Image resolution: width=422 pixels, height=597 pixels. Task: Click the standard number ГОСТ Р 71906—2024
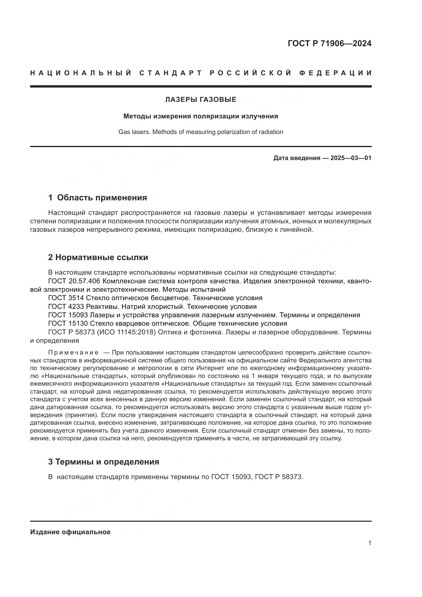pos(329,43)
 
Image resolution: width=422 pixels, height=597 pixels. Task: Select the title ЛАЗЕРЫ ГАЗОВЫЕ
pos(201,100)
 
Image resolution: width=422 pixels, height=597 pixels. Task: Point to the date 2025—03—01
pos(351,158)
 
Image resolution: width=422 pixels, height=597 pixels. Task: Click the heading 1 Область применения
pos(97,198)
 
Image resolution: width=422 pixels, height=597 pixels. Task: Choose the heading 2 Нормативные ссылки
pos(98,258)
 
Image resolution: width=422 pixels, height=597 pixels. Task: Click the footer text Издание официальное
pos(70,532)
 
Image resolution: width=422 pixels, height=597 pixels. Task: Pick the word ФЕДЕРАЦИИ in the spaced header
pos(335,73)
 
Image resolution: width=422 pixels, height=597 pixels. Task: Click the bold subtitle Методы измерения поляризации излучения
pos(201,116)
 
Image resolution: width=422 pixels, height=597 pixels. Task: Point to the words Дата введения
pos(296,158)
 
